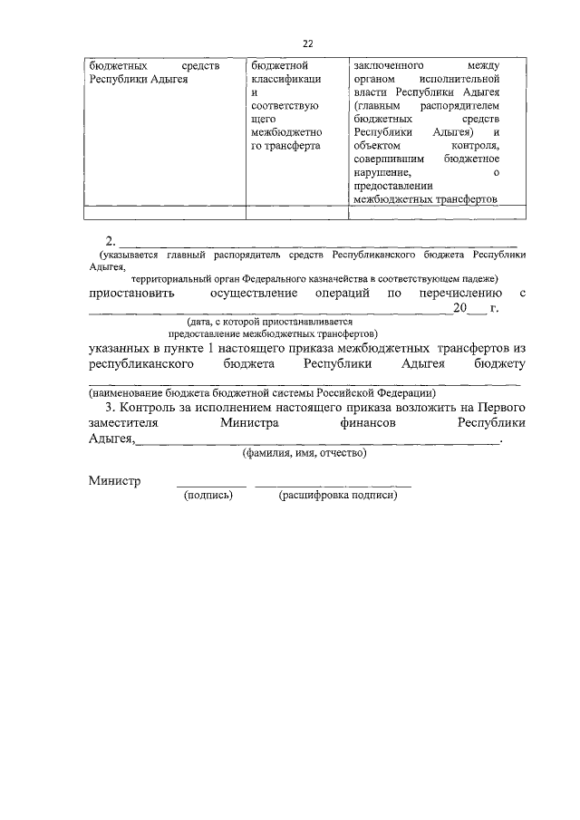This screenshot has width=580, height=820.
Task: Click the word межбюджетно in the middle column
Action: coord(285,131)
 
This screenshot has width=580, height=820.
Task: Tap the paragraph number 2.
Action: coord(111,241)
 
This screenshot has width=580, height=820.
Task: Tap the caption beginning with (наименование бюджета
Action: coord(262,392)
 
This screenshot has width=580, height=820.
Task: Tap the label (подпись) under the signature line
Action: coord(208,496)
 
